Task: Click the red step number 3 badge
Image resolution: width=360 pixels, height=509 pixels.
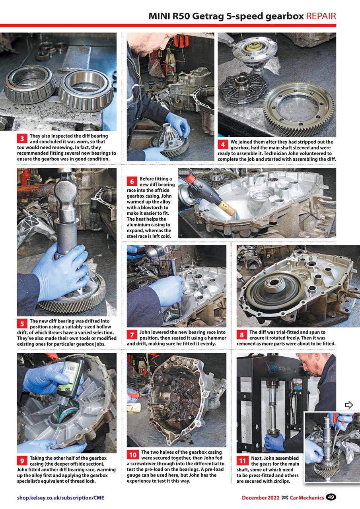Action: coord(23,139)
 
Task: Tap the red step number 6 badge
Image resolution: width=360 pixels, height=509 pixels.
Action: coord(132,182)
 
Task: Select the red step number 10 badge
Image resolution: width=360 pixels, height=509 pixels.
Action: coord(132,455)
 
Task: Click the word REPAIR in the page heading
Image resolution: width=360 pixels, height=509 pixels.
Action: coord(321,16)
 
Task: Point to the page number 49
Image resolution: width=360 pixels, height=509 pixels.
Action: coord(331,497)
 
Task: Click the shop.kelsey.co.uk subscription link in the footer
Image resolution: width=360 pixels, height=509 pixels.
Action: coord(60,497)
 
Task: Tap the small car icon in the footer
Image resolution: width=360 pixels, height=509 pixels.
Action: coord(285,497)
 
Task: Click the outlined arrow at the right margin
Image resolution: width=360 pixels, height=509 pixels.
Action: coord(349,405)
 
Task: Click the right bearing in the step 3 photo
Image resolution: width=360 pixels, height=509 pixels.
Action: coord(86,91)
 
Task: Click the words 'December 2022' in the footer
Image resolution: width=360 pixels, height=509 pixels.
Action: coord(260,497)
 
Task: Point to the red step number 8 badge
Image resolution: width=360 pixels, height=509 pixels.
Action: coord(242,335)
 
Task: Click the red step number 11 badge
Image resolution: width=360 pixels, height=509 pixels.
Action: coord(242,461)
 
